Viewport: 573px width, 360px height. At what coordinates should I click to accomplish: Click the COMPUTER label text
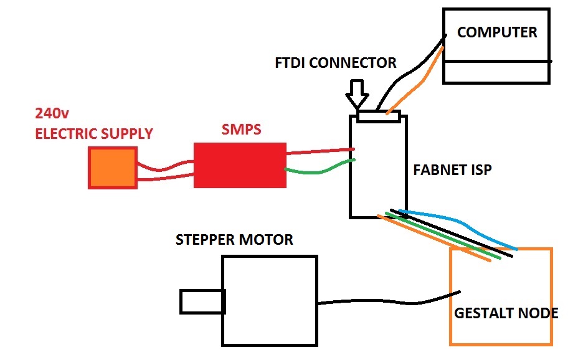coord(496,32)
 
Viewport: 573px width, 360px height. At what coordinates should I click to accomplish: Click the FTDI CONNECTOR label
coord(335,63)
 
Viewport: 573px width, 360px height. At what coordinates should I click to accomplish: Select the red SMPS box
coord(240,165)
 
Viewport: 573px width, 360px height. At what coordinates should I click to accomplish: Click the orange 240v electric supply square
coord(113,168)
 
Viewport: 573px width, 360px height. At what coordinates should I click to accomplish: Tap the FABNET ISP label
coord(452,169)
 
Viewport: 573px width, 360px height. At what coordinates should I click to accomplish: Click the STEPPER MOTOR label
coord(234,240)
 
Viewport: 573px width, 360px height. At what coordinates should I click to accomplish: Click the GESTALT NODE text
coord(506,313)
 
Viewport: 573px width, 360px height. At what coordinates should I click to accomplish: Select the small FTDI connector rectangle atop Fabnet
coord(379,116)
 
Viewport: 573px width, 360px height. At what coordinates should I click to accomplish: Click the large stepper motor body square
coord(270,301)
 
